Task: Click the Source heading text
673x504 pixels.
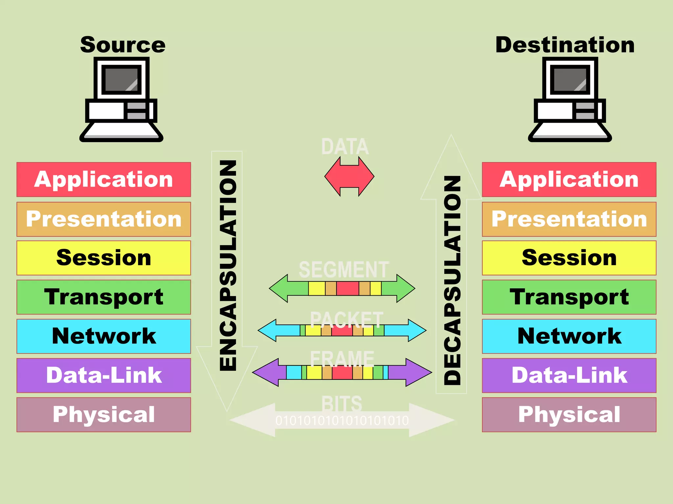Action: (x=123, y=45)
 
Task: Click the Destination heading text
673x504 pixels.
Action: (x=565, y=45)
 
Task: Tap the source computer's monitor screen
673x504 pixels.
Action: (x=121, y=79)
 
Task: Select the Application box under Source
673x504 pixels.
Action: (x=104, y=179)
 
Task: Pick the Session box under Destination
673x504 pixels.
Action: (x=569, y=258)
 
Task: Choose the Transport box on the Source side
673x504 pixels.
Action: (x=104, y=297)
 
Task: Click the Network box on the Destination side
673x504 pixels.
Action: (x=569, y=336)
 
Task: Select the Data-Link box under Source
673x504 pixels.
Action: (x=104, y=375)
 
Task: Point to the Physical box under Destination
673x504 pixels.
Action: (x=569, y=414)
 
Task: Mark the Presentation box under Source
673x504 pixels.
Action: (x=104, y=219)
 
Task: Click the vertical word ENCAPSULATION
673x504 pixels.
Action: (x=228, y=266)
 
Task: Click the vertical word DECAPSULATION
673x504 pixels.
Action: (x=452, y=281)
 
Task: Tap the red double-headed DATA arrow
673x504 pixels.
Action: (x=349, y=176)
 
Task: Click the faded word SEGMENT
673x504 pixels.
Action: (x=344, y=270)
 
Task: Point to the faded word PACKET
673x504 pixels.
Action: (x=346, y=320)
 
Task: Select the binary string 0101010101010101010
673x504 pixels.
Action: (x=342, y=421)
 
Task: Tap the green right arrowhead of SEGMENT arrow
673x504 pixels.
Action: (x=405, y=288)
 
